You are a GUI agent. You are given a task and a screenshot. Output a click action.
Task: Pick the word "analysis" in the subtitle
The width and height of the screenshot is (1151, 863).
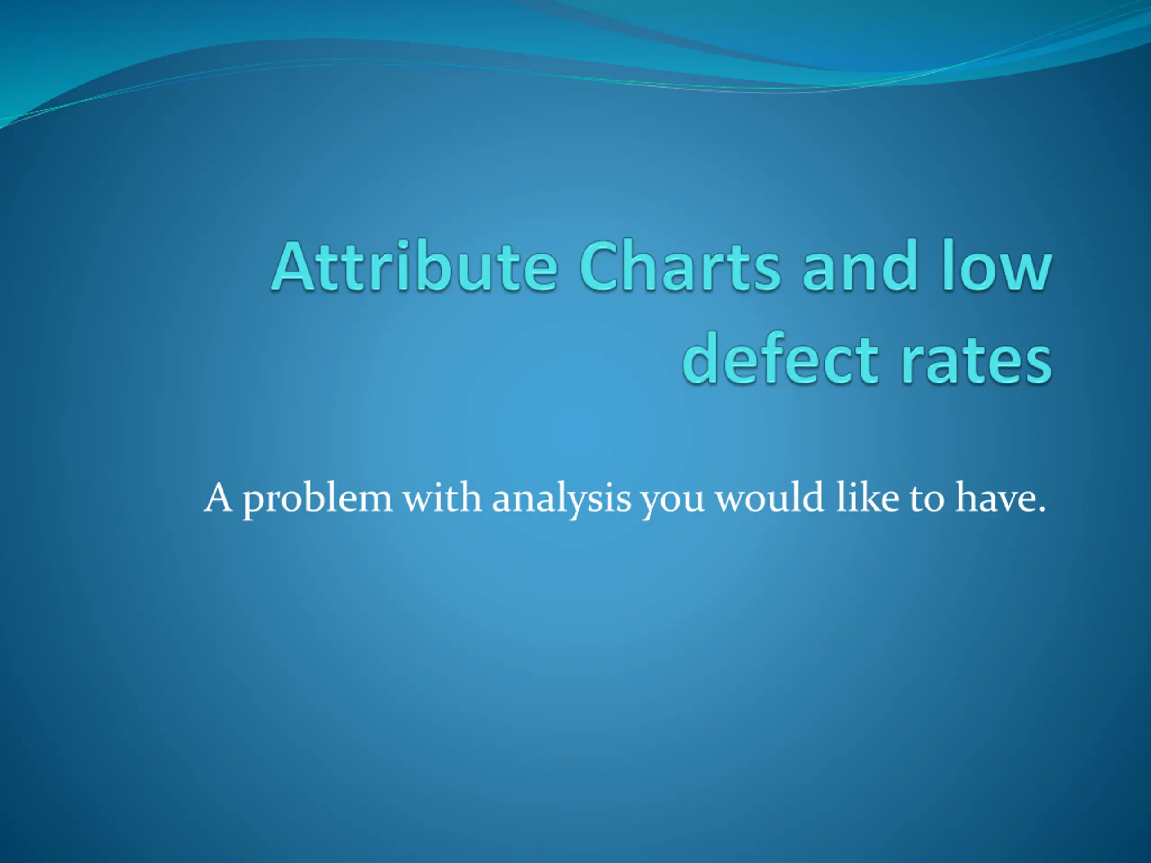(x=562, y=500)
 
